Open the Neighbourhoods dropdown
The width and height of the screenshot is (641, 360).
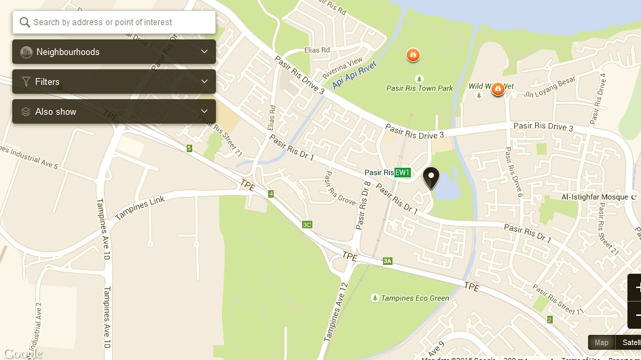click(114, 52)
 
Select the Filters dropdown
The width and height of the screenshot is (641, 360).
click(114, 82)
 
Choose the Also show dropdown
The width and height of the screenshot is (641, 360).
click(114, 112)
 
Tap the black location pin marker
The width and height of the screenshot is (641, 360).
click(431, 178)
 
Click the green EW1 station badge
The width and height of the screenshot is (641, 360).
click(403, 173)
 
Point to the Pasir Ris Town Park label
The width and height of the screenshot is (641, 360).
click(419, 88)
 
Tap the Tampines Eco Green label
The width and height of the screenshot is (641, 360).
click(415, 298)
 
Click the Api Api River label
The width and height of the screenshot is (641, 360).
click(354, 75)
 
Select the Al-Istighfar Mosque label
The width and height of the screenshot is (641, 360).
click(595, 198)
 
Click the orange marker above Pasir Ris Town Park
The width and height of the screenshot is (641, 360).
click(412, 54)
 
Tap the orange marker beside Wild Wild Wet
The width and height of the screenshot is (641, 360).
click(498, 88)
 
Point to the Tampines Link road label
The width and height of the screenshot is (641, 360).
click(140, 209)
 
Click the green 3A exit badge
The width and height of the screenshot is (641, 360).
click(388, 261)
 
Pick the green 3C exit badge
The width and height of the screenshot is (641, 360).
click(307, 225)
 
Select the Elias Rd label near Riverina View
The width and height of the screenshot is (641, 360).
click(317, 50)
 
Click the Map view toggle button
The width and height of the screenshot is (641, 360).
click(602, 342)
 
